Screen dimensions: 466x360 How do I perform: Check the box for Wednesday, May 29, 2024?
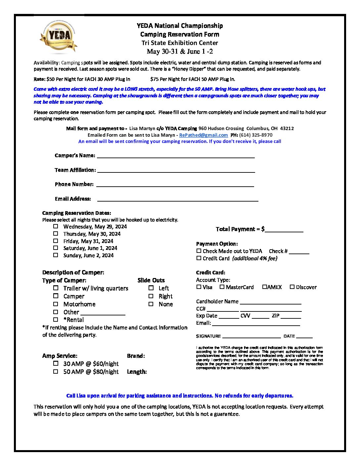56,226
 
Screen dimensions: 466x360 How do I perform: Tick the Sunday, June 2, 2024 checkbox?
56,255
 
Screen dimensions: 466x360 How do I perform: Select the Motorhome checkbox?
56,304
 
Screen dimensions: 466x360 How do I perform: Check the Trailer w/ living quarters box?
56,288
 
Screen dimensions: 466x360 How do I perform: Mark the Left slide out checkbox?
151,288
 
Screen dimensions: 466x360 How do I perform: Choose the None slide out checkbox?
151,304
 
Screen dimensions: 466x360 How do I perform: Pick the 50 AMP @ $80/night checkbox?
56,371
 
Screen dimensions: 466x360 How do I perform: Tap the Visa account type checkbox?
199,287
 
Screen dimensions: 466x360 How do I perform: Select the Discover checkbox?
292,287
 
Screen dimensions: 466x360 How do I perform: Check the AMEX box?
265,287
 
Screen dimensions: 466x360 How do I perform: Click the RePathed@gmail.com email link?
203,135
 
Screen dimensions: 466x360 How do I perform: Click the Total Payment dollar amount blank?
284,229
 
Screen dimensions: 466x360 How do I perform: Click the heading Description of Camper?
73,272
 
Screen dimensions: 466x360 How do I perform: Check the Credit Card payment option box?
199,258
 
